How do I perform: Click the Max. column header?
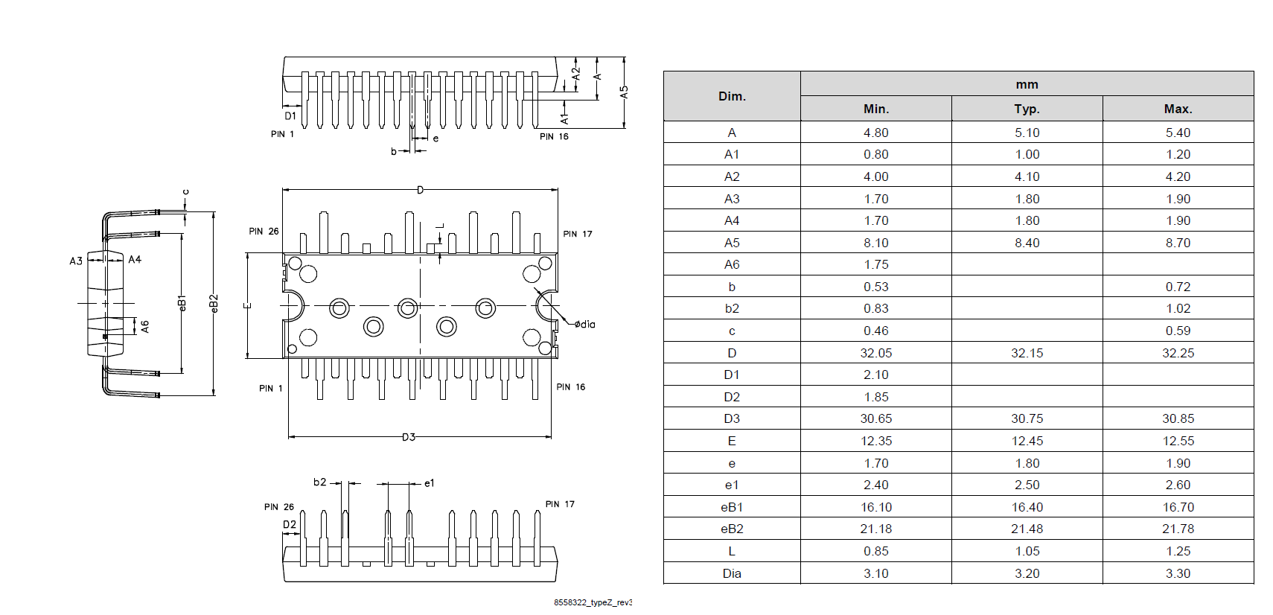[x=1178, y=109]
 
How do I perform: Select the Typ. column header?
[x=1027, y=109]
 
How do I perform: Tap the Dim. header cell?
[x=732, y=96]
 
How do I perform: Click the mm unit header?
[x=1027, y=84]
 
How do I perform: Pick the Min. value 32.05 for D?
[x=876, y=353]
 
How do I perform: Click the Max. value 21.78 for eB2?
[x=1178, y=529]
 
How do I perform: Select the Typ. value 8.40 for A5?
[x=1027, y=243]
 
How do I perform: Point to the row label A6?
[x=732, y=264]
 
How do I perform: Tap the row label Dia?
[x=732, y=573]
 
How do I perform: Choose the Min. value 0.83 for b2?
[x=876, y=308]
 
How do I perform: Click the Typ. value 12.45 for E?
[x=1027, y=441]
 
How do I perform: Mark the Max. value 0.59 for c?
[x=1178, y=331]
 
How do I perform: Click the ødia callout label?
[x=585, y=324]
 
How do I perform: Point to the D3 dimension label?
[x=409, y=437]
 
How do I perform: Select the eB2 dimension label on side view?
[x=214, y=303]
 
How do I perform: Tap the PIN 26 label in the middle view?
[x=264, y=232]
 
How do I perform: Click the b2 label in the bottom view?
[x=319, y=482]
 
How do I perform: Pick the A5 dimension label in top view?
[x=624, y=92]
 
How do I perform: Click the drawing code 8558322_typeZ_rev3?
[x=593, y=602]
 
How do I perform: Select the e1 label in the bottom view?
[x=429, y=483]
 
